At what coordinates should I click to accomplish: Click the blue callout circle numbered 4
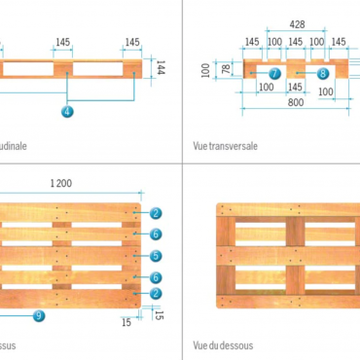pyautogui.click(x=66, y=112)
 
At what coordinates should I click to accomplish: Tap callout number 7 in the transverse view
pyautogui.click(x=274, y=73)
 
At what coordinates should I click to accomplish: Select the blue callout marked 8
pyautogui.click(x=322, y=73)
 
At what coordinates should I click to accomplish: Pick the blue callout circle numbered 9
pyautogui.click(x=38, y=315)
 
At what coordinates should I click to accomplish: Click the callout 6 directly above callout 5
pyautogui.click(x=155, y=234)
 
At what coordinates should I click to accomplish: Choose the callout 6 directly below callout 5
pyautogui.click(x=155, y=277)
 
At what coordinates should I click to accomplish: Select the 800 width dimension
pyautogui.click(x=294, y=101)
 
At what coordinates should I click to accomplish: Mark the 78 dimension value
pyautogui.click(x=227, y=70)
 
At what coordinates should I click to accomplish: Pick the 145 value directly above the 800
pyautogui.click(x=296, y=87)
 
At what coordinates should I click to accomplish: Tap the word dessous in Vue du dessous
pyautogui.click(x=234, y=343)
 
